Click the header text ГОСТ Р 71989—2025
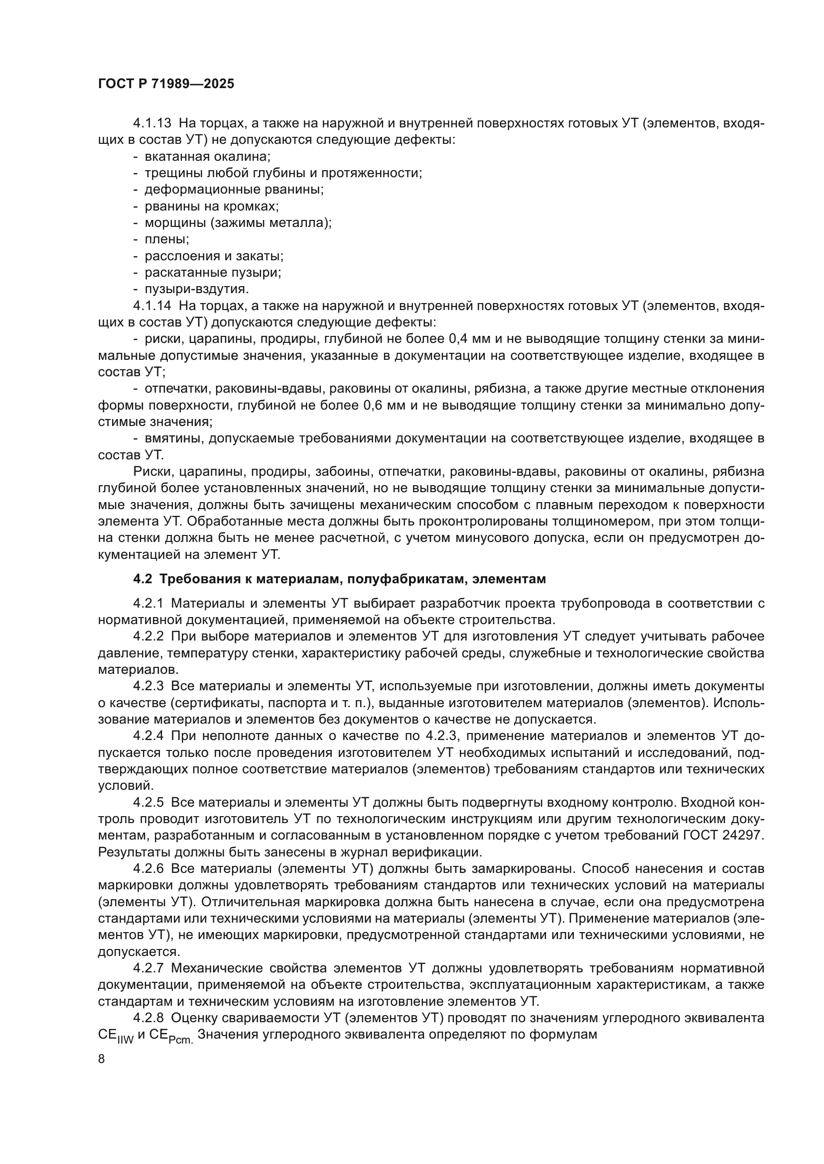166,84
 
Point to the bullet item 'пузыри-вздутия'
197,289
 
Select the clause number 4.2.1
148,603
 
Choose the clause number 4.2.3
148,686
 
